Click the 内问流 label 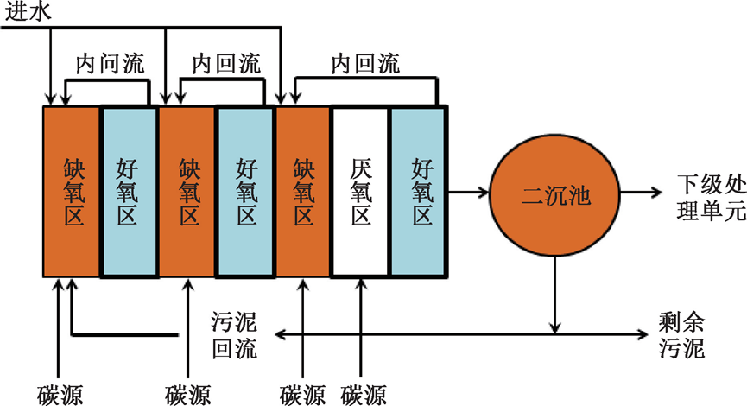[111, 64]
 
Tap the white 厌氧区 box [361, 192]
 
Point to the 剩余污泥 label [682, 336]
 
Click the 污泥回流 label [235, 335]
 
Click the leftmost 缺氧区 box [73, 192]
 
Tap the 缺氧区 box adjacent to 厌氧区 [303, 192]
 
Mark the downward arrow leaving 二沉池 [554, 294]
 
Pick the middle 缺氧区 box [187, 192]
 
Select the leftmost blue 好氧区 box [130, 192]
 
